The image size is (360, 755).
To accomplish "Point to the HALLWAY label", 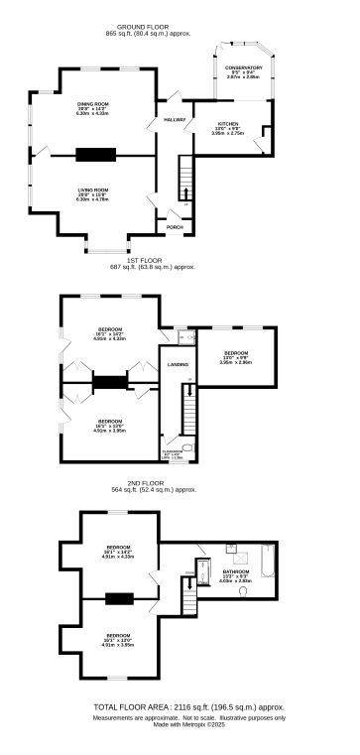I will [x=175, y=119].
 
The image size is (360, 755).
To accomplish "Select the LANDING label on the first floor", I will [x=179, y=365].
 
